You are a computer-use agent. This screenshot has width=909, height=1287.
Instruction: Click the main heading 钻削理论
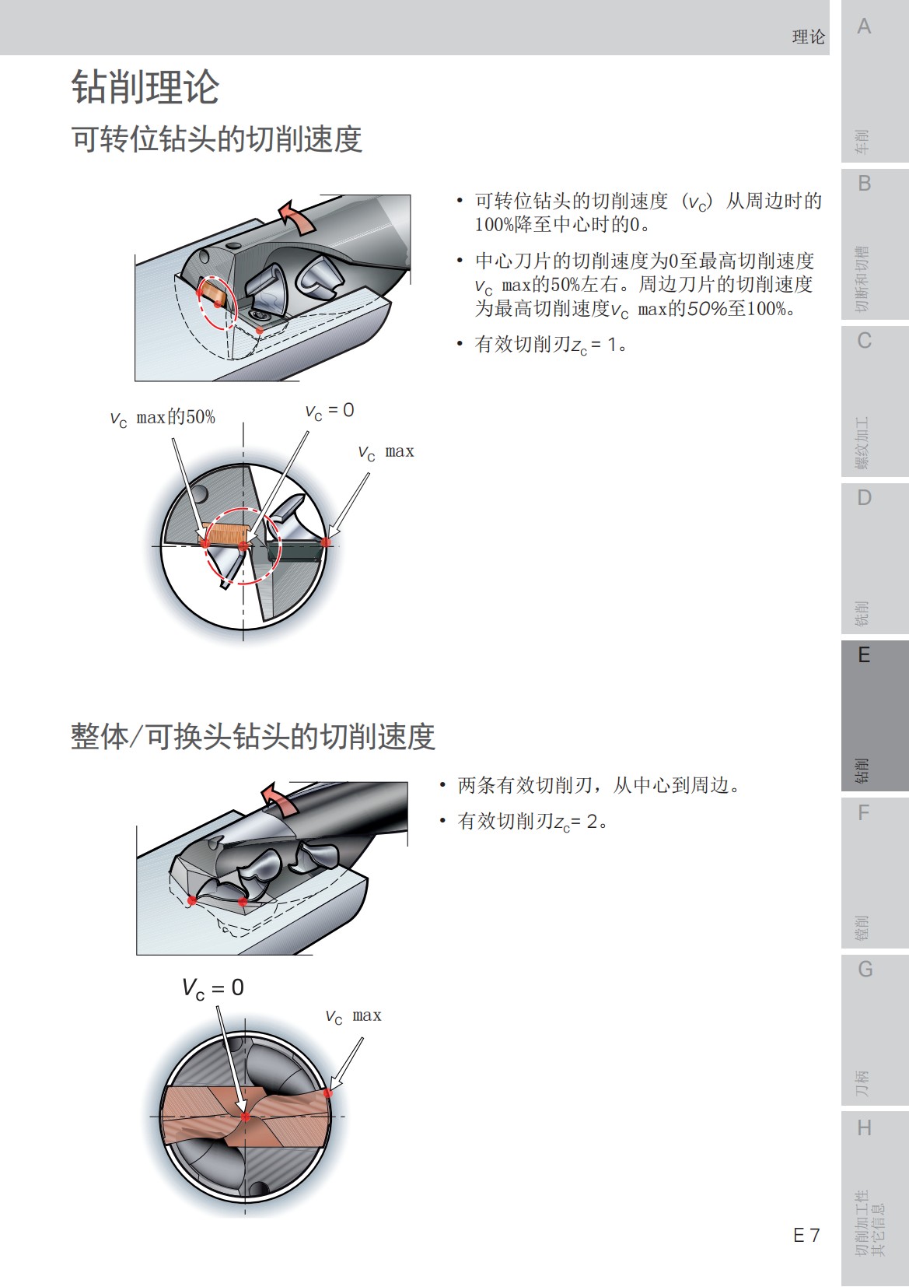pos(145,86)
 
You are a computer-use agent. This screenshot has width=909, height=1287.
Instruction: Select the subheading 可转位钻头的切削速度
pos(217,139)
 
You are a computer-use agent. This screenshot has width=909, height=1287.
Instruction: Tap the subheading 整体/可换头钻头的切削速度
pos(253,736)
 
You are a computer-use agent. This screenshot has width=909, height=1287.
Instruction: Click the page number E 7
pos(806,1235)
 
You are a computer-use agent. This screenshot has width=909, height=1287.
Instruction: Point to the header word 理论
pos(808,37)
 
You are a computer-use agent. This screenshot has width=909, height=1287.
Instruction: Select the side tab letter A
pos(864,27)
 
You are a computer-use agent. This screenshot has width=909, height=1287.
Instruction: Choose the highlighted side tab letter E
pos(864,655)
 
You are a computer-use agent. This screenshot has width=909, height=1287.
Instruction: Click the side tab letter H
pos(864,1127)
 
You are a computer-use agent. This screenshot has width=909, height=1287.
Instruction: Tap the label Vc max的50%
pos(163,418)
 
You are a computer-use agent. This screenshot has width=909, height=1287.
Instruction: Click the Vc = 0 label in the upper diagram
pos(330,411)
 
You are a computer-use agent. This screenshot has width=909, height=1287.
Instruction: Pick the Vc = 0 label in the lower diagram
pos(213,988)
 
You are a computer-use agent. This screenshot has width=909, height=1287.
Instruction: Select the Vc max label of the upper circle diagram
pos(386,452)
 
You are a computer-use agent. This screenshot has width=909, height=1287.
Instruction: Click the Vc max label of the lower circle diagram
pos(353,1016)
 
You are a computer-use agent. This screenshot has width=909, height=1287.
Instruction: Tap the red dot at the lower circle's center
pos(246,1117)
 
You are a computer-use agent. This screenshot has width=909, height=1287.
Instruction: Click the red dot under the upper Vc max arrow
pos(327,542)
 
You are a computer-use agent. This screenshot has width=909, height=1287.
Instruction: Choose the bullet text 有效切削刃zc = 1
pos(551,345)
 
